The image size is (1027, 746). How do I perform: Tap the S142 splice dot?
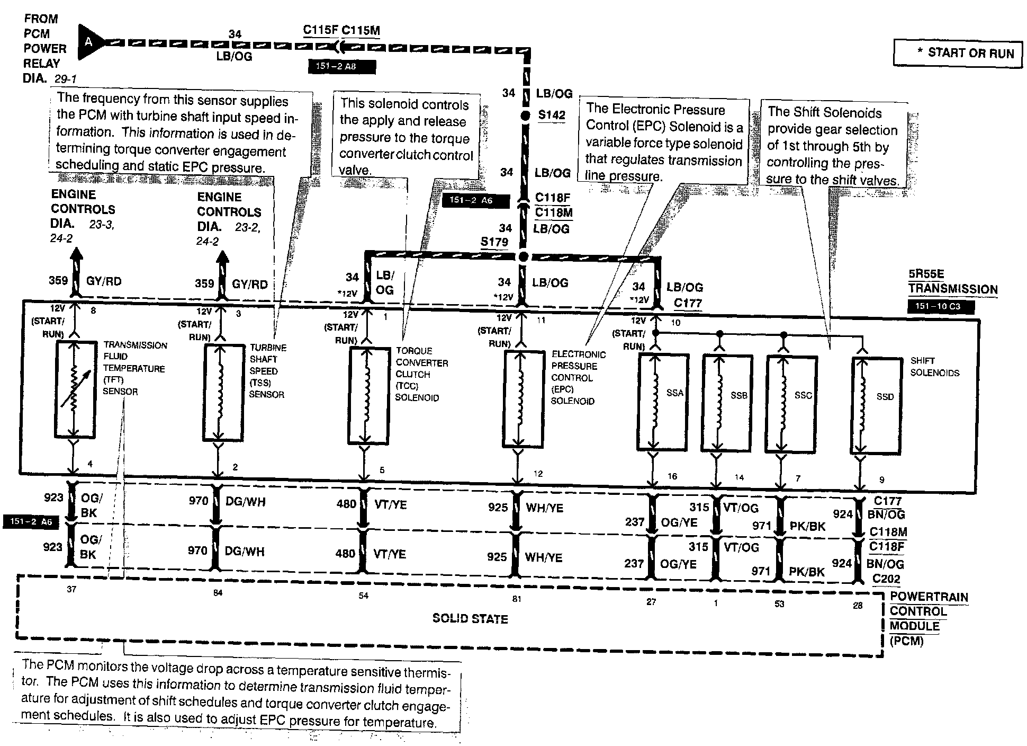(525, 116)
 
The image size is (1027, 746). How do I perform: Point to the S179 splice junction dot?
(523, 257)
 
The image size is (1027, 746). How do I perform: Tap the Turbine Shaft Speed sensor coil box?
(223, 392)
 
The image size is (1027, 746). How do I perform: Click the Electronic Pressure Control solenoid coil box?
(522, 398)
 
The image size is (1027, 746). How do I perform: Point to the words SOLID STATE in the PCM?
(470, 618)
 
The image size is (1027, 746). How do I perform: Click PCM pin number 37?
(71, 589)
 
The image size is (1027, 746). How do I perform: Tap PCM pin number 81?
(517, 599)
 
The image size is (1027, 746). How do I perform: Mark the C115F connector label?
(320, 30)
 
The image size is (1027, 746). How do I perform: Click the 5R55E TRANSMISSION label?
(952, 282)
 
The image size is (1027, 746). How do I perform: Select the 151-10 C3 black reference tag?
(941, 306)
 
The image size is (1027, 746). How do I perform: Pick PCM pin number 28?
(858, 605)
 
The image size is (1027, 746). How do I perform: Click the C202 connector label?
(886, 579)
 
